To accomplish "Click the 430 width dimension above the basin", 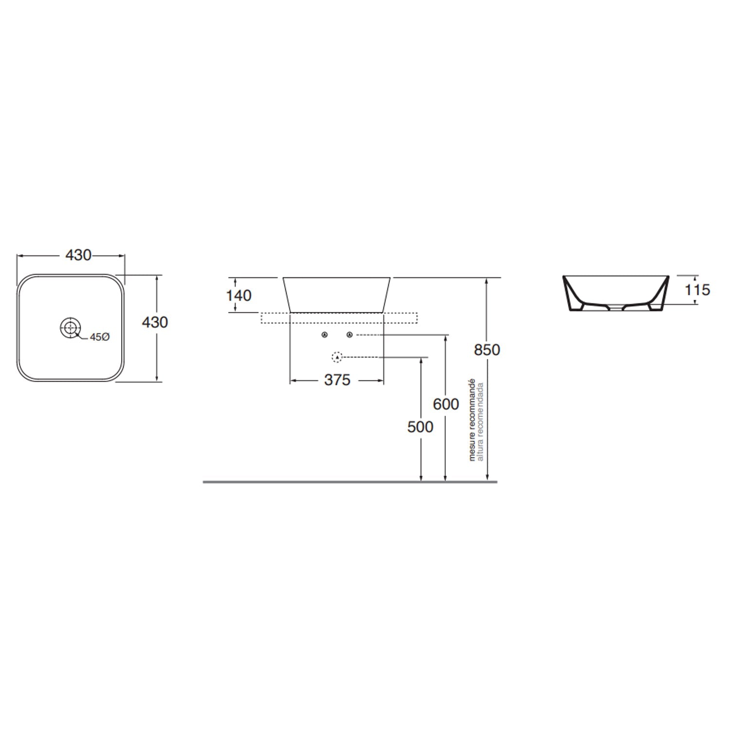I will [78, 255].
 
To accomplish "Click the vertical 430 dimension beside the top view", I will [155, 322].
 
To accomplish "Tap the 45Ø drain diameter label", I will [100, 337].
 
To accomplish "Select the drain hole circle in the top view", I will [70, 327].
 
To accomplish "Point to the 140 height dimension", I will [239, 295].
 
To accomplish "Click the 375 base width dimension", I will [337, 380].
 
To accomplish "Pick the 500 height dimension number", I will [420, 427].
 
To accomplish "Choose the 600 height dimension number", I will [446, 404].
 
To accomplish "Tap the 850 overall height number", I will [487, 350].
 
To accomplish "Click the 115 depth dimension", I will [697, 290].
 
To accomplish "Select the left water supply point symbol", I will [325, 335].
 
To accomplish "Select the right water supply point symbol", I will [349, 335].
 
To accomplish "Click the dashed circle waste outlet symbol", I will [337, 357].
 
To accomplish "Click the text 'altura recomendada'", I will [480, 421].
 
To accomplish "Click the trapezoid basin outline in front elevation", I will [337, 294].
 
